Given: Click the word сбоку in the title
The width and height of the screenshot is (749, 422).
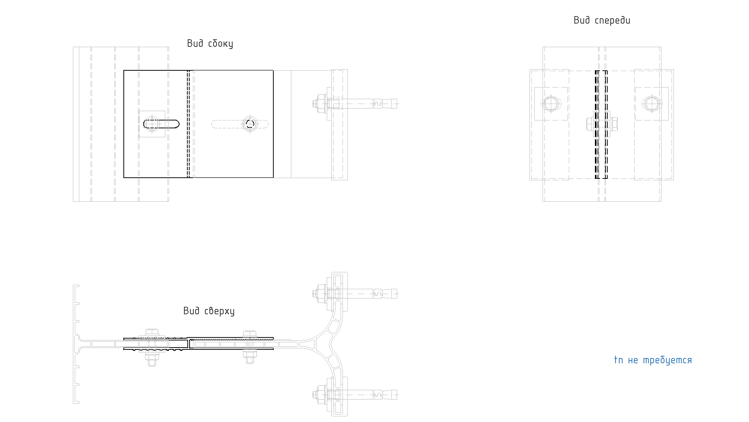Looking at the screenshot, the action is point(220,44).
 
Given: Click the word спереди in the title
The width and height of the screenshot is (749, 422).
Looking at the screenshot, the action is point(612,21).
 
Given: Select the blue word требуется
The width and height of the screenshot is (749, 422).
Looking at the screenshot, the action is point(667,361).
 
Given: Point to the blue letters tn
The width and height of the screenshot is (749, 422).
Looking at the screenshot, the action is point(618,360).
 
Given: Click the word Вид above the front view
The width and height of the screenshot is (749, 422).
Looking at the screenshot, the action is point(581,20).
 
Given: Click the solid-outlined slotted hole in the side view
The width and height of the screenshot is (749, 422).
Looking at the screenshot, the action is point(161,124).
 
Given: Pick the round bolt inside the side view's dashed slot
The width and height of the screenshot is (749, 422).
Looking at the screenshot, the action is point(250,124).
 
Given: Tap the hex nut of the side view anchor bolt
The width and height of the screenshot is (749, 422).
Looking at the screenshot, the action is point(320,103).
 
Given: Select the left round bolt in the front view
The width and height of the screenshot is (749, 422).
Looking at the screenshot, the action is point(551,104).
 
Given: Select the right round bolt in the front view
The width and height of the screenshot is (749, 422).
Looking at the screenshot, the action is point(652,104).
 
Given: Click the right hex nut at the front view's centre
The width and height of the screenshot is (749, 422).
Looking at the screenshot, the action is point(614,124).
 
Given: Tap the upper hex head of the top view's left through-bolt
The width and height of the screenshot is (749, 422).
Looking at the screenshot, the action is point(151,332).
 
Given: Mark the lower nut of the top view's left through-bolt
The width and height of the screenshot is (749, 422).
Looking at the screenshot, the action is point(151,360).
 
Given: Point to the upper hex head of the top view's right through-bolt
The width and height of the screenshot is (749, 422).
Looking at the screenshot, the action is point(249,334).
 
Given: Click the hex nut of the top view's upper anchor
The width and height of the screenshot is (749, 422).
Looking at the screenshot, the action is point(320,294).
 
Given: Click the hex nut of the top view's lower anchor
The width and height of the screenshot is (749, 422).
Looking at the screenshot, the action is point(320,395).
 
